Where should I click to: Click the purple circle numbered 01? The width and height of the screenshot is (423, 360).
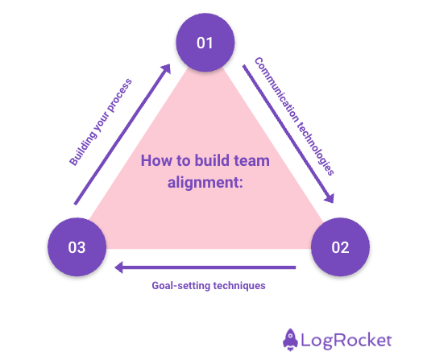(205, 42)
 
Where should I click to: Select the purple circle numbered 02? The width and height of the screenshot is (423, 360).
(340, 246)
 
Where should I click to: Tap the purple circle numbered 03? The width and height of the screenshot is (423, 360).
(77, 246)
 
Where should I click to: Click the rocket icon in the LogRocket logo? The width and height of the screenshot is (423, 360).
(292, 338)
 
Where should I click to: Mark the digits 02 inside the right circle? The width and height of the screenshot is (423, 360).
(340, 246)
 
